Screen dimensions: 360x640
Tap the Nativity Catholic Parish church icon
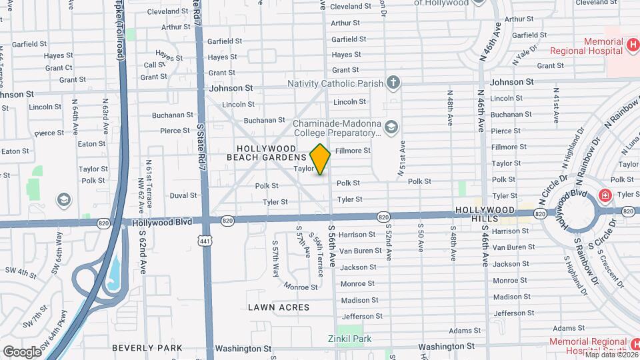click(394, 83)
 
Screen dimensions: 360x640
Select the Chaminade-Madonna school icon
click(391, 127)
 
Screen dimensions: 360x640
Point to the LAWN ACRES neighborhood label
click(279, 307)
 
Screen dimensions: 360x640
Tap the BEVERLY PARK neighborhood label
click(147, 348)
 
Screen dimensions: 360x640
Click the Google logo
click(22, 351)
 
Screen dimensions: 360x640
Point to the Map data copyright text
click(609, 355)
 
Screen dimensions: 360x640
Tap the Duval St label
click(183, 196)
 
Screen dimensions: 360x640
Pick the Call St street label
click(154, 65)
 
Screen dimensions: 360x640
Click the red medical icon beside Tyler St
click(605, 195)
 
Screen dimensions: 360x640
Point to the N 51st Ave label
click(402, 157)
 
